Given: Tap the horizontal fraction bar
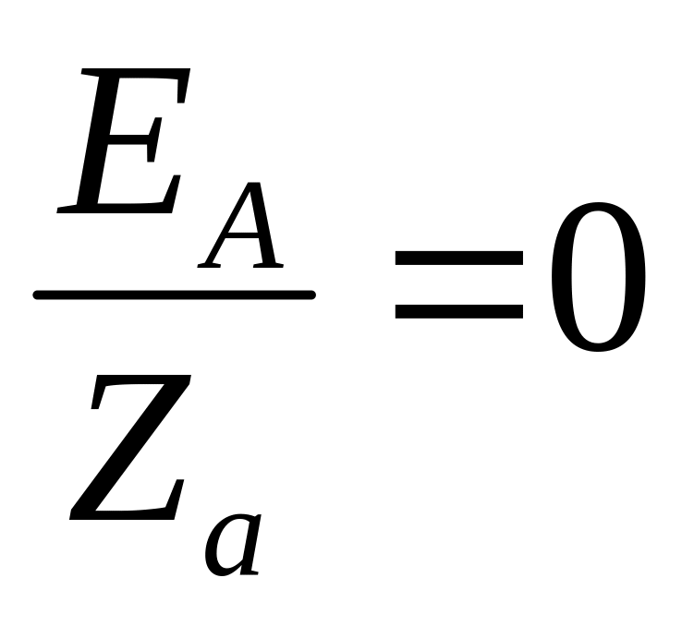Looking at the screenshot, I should [x=174, y=295].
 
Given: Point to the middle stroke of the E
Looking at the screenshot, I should [x=125, y=138].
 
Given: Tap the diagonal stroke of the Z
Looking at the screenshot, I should [x=129, y=448].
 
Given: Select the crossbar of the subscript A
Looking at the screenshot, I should [x=242, y=243].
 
